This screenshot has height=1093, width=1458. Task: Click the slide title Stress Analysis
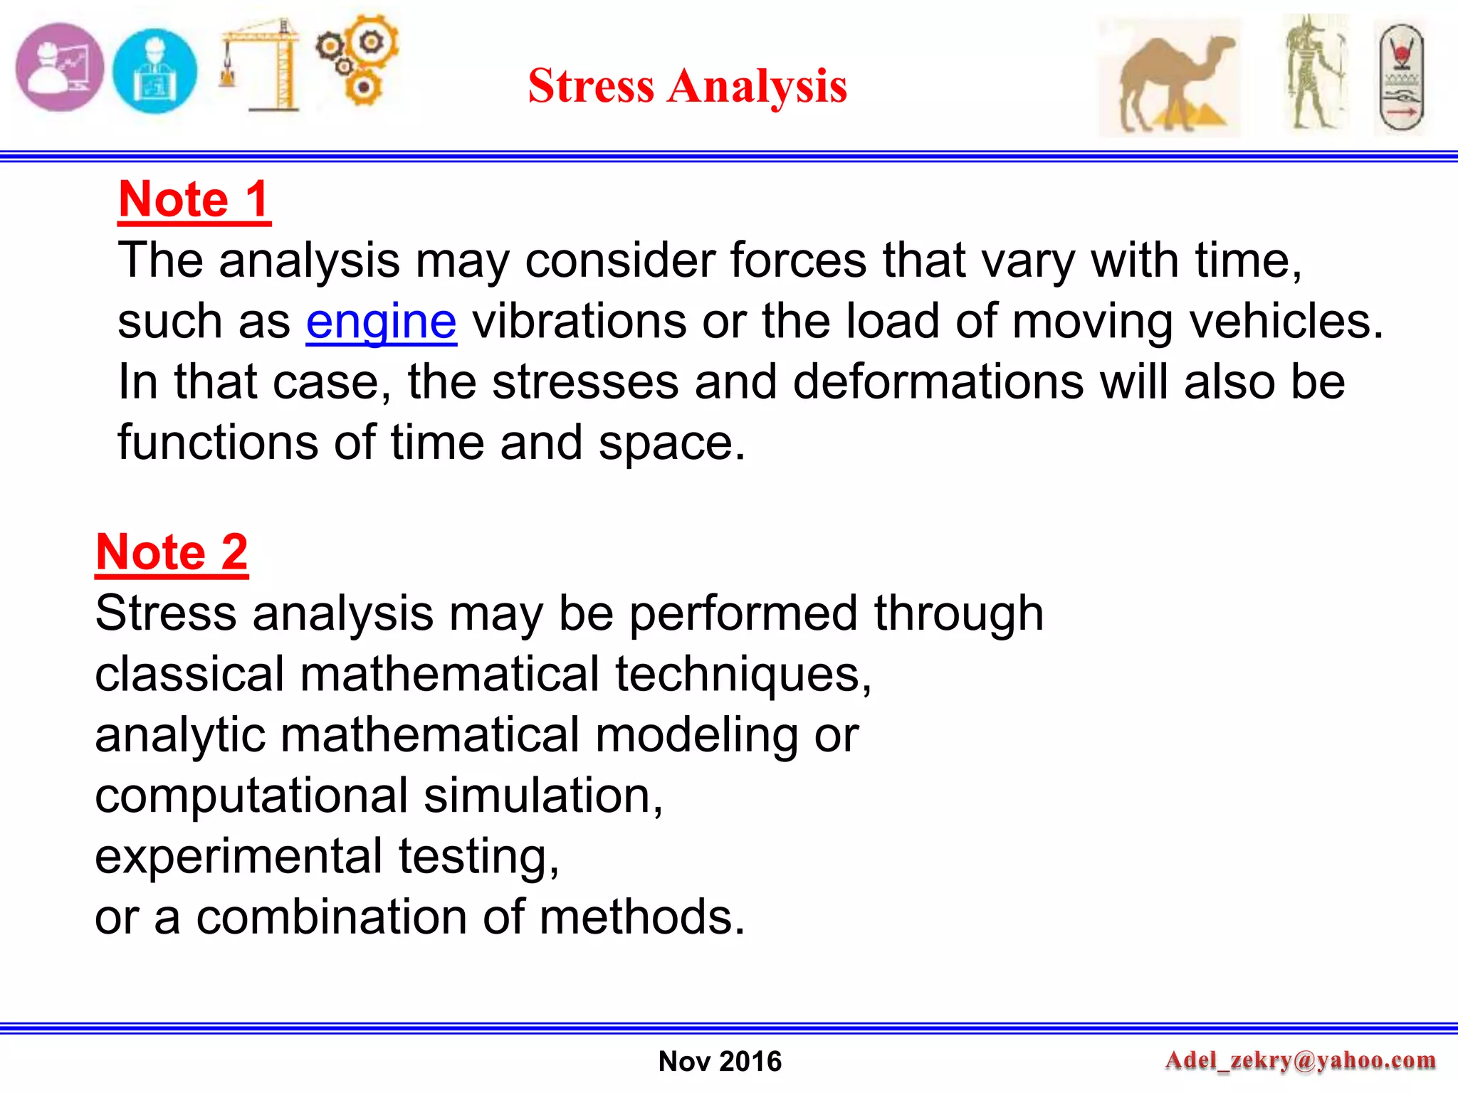pos(687,86)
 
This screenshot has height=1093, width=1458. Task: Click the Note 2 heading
pos(172,552)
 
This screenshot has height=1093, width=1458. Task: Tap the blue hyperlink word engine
pos(381,322)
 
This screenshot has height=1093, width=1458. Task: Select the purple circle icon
pos(60,68)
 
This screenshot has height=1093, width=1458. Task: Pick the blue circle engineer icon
pos(154,71)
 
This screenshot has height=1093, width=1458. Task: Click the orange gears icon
pos(358,60)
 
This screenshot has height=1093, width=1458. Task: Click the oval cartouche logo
pos(1401,78)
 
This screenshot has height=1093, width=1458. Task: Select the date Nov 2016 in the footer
pos(720,1061)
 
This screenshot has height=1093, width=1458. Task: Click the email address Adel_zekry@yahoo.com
pos(1300,1060)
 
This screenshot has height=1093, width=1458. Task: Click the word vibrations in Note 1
pos(579,322)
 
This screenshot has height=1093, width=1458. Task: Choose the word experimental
pos(238,856)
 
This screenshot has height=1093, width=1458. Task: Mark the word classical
pos(189,675)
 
